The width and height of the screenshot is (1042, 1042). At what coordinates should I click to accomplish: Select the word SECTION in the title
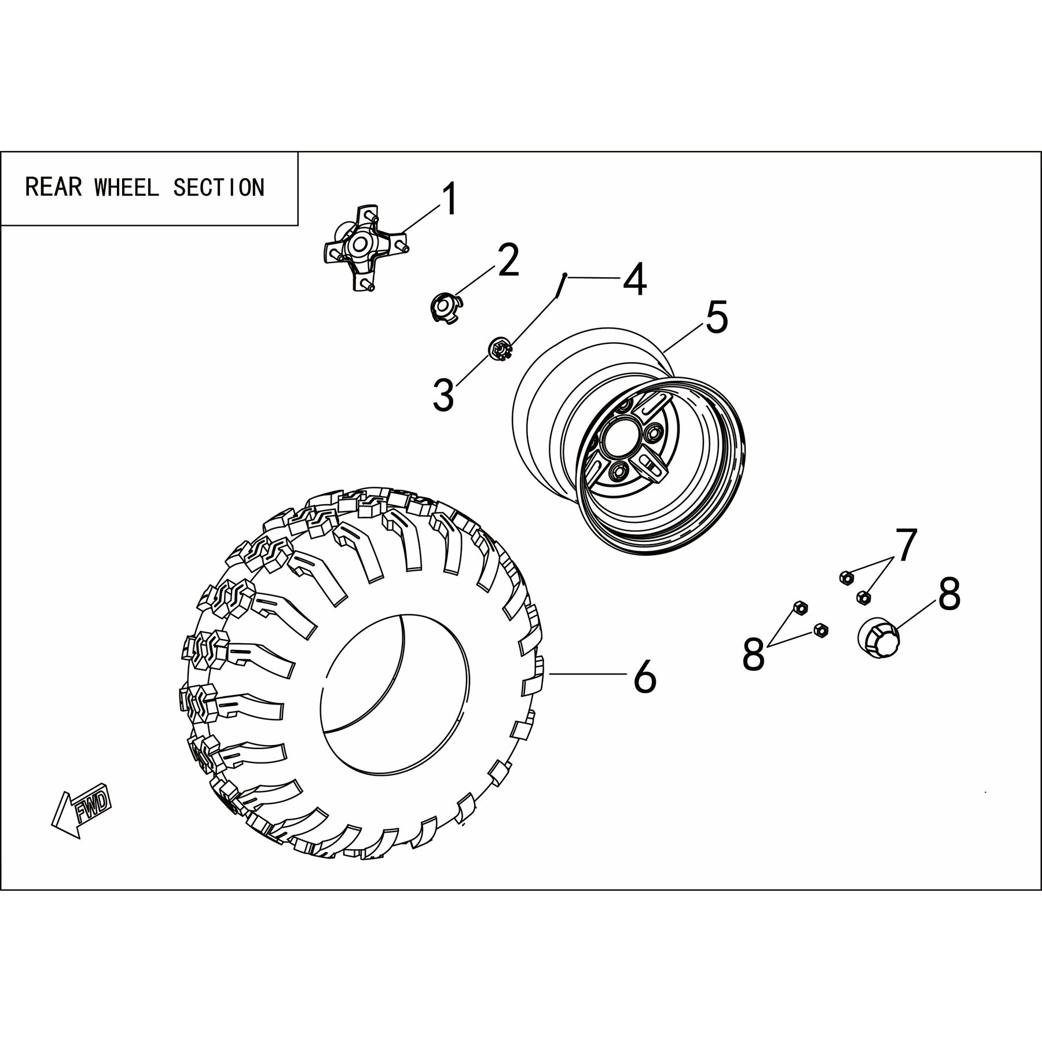point(219,187)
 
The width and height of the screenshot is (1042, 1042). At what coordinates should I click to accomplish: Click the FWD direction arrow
point(80,810)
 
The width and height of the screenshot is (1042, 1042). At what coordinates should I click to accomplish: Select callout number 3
point(443,395)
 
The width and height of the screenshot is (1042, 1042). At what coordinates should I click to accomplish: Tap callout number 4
point(634,279)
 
